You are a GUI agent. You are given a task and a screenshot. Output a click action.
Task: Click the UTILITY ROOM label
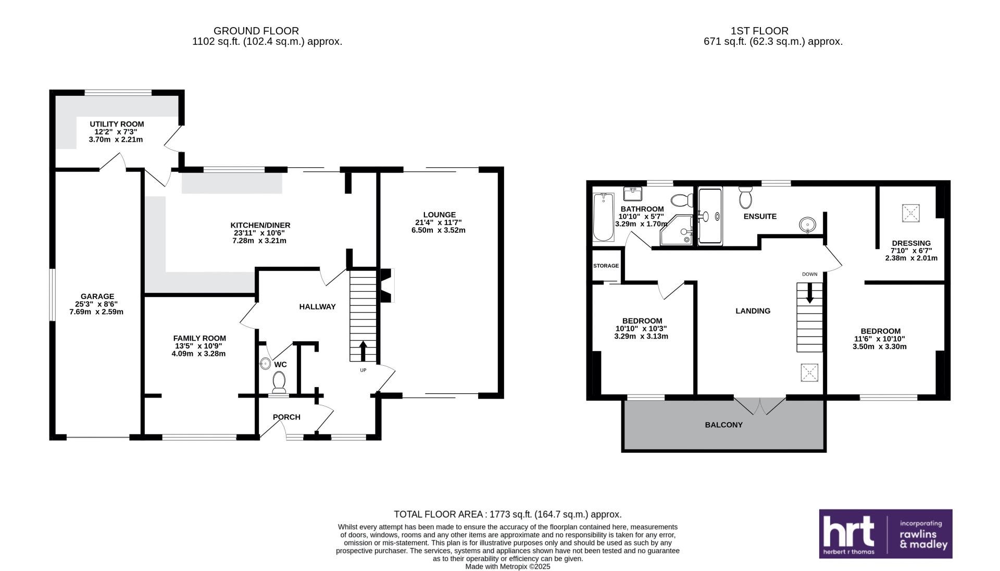[117, 124]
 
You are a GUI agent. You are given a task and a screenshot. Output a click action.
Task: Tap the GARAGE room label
[97, 296]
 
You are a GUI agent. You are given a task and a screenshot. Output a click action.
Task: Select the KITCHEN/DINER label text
[260, 225]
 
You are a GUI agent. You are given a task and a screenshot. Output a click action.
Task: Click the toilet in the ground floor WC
[279, 382]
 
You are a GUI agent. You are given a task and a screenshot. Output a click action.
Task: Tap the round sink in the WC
[266, 364]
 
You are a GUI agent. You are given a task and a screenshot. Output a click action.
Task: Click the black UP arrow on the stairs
[362, 351]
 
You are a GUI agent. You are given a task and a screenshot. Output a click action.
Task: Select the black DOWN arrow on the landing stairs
[809, 293]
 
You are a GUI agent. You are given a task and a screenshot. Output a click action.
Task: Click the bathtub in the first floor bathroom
[604, 217]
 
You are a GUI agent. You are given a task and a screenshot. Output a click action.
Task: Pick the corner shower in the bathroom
[676, 230]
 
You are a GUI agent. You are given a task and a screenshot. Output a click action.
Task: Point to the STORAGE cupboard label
[606, 266]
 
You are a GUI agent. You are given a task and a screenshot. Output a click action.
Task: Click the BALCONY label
[724, 425]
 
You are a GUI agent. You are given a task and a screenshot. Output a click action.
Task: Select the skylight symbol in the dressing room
[911, 213]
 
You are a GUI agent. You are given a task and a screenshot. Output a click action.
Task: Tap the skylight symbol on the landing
[809, 373]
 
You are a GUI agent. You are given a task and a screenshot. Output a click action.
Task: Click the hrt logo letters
[848, 531]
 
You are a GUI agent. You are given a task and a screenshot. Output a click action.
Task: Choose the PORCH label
[286, 417]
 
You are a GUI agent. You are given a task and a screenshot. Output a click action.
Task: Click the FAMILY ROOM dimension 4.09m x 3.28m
[198, 354]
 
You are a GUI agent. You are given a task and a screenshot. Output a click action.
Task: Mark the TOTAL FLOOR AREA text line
[508, 514]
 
